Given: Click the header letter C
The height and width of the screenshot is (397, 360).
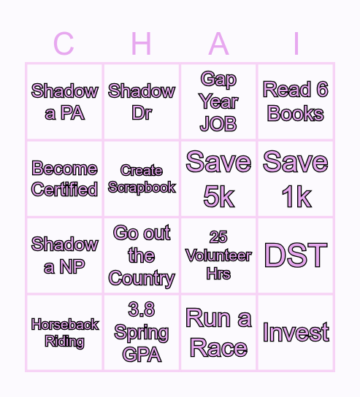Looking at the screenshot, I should click(x=64, y=45).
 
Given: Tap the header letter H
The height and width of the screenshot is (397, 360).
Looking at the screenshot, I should click(x=141, y=45).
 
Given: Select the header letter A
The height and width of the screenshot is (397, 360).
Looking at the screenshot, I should click(x=218, y=45).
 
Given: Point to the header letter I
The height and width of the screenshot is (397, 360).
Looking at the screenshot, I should click(x=296, y=45).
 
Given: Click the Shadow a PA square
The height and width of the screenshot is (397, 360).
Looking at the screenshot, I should click(x=64, y=101).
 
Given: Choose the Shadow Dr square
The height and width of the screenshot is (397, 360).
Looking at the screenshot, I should click(x=142, y=101).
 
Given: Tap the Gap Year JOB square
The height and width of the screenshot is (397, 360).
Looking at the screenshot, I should click(x=218, y=101).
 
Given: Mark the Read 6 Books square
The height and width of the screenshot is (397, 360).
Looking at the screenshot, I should click(x=296, y=101).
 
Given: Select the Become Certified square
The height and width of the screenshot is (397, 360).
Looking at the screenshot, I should click(x=64, y=179).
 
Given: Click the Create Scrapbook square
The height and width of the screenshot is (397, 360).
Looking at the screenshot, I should click(x=142, y=179).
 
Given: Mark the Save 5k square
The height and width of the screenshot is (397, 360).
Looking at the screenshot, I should click(x=218, y=179).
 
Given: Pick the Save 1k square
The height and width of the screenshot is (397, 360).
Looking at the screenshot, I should click(x=296, y=179).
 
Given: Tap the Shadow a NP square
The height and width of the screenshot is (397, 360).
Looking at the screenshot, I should click(x=64, y=255).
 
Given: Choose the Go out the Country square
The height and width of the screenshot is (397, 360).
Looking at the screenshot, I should click(x=142, y=255).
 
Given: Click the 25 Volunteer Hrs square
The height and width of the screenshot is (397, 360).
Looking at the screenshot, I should click(x=218, y=255).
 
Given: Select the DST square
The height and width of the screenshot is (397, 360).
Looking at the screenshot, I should click(x=296, y=255).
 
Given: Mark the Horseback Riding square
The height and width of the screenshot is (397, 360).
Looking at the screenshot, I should click(x=64, y=333).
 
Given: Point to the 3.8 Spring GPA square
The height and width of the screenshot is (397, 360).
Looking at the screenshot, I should click(x=142, y=333).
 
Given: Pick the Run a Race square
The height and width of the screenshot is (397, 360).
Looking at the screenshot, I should click(x=218, y=333).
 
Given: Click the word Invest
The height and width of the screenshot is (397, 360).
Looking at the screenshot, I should click(x=296, y=333).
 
